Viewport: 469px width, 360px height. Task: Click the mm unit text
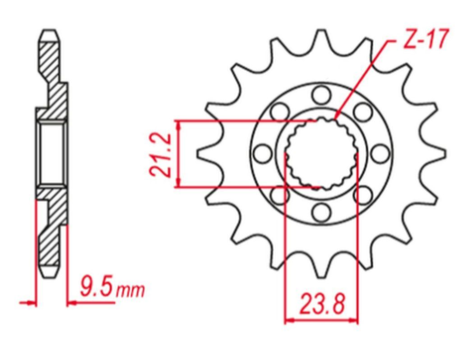[131, 292]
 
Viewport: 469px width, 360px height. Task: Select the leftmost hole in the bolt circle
[261, 151]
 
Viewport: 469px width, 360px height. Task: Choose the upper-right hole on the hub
[363, 109]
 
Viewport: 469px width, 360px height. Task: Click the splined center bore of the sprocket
[322, 153]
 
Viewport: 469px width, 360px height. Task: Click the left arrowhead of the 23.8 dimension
[291, 317]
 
